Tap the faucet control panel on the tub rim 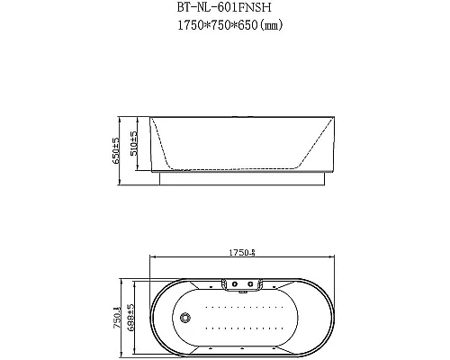pyautogui.click(x=241, y=285)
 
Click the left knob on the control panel pyautogui.click(x=232, y=285)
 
